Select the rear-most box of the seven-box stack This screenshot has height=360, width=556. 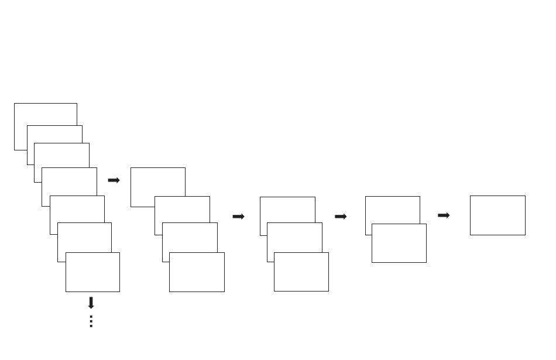[45, 114]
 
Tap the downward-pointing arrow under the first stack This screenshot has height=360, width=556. [91, 303]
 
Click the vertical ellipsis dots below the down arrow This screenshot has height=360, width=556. [91, 321]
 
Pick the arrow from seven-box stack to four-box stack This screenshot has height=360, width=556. [114, 180]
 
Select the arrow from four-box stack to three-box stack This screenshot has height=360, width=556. [238, 217]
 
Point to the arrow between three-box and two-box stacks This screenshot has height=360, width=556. [341, 217]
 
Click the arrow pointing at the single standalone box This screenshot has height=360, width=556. [444, 215]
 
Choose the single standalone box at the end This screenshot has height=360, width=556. [497, 215]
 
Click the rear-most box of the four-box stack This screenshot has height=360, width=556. [157, 181]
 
